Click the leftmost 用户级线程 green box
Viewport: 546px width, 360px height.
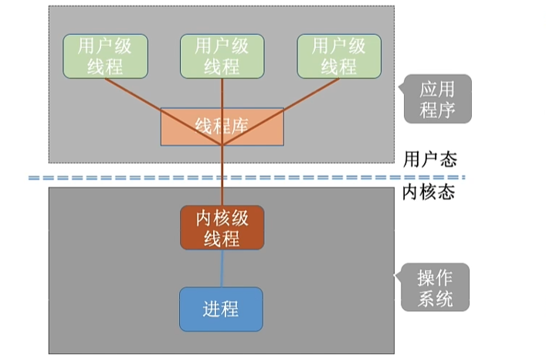(105, 56)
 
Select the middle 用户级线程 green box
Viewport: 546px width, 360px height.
(222, 56)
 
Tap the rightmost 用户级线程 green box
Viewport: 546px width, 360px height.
(339, 56)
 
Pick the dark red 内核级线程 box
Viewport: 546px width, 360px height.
(222, 228)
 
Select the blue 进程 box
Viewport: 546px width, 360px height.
(222, 309)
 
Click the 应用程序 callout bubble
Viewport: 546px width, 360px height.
(437, 99)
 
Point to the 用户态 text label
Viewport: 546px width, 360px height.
(429, 160)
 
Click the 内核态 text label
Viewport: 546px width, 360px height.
(429, 192)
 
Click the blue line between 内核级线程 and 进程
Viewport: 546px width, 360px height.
(222, 268)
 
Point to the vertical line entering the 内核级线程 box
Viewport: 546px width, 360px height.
(222, 189)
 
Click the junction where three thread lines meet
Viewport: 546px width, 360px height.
(222, 144)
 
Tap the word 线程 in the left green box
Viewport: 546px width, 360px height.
(105, 66)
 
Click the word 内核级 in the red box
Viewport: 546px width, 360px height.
(222, 217)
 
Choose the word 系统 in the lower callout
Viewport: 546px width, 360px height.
(435, 298)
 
